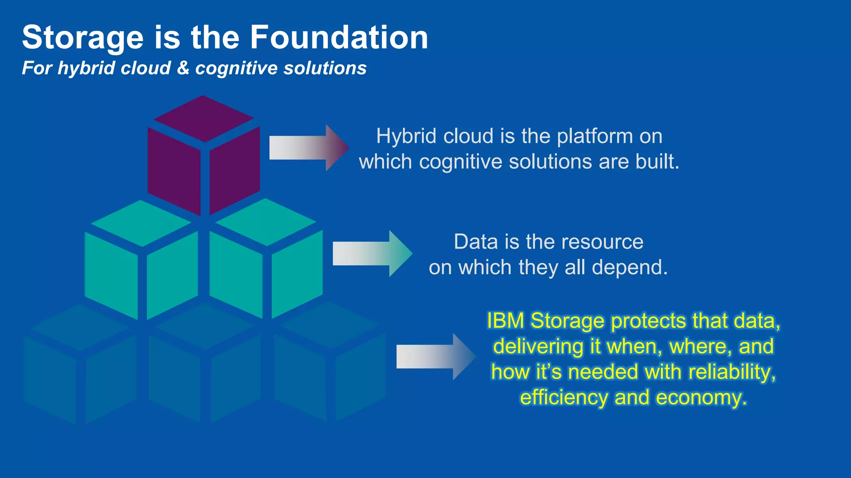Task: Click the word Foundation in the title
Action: [339, 37]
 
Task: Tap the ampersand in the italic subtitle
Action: [183, 68]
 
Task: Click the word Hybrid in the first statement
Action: [406, 136]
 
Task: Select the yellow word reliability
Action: [731, 372]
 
